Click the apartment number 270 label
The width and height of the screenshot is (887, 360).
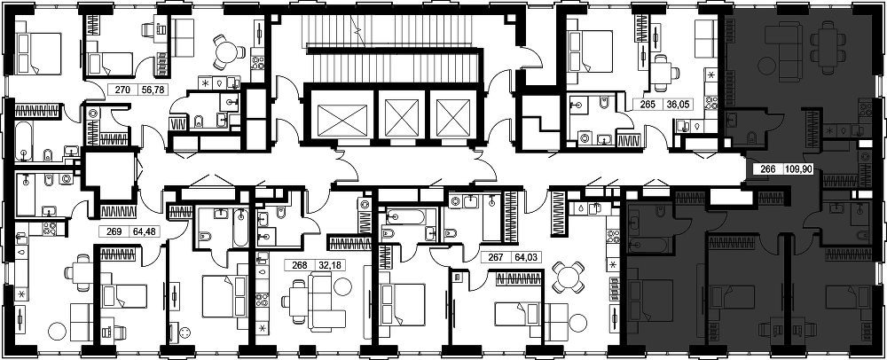122,89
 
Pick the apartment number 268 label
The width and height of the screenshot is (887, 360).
300,264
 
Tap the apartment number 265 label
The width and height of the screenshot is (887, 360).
648,105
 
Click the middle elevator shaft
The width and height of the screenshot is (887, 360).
401,118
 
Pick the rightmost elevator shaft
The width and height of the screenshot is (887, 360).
453,118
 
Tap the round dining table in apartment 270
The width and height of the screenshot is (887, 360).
226,52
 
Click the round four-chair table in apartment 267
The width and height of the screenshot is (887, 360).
568,278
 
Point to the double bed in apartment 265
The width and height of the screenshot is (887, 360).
590,51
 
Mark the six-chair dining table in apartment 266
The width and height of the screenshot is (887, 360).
831,48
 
